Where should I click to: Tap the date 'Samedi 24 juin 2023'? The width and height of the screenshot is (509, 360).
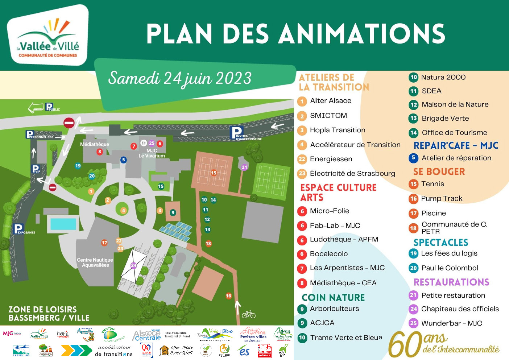tap(180, 78)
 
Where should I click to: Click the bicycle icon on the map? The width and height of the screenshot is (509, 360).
tap(249, 315)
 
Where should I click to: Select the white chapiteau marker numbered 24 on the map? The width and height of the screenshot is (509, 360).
tap(133, 265)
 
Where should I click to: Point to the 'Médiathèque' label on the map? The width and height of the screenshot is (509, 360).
tap(95, 144)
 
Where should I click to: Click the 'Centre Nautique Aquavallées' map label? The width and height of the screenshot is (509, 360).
tap(95, 262)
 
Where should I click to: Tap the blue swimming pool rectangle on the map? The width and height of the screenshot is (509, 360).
tap(63, 224)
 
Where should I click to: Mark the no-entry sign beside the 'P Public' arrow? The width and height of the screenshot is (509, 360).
tap(69, 123)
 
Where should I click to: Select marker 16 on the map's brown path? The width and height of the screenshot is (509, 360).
tap(228, 296)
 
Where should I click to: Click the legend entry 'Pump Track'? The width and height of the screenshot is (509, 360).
tap(442, 199)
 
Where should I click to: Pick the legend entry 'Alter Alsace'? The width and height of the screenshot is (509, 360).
tap(331, 101)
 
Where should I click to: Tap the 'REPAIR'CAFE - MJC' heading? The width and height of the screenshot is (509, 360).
tap(456, 145)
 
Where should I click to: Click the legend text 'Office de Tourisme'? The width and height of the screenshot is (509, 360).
tap(454, 133)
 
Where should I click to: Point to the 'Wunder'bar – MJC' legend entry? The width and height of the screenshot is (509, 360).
tap(451, 323)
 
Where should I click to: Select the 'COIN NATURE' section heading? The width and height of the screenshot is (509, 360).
tap(333, 298)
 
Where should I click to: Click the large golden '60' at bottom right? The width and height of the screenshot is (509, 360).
tap(405, 344)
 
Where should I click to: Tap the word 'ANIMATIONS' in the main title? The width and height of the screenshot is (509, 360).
tap(363, 34)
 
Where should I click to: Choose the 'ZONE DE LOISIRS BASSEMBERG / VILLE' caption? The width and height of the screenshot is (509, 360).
tap(49, 314)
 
